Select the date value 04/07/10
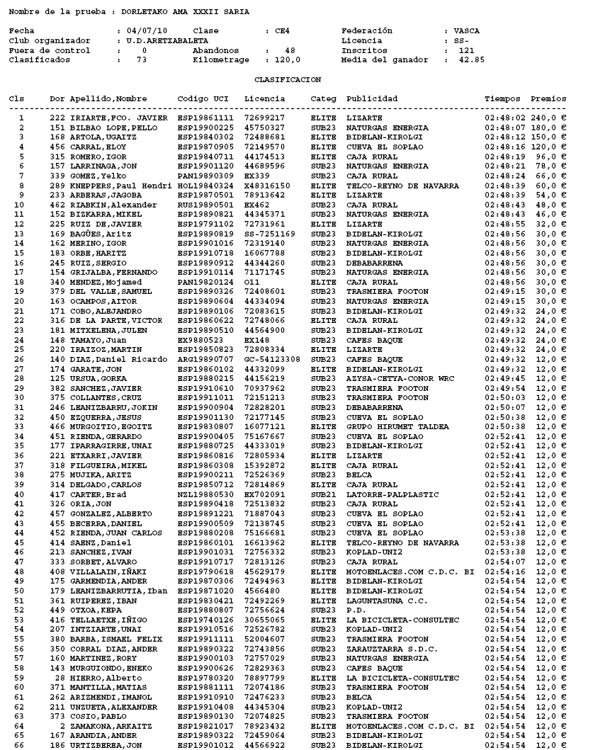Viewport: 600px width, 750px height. coord(142,31)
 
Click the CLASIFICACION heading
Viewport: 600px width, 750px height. coord(288,80)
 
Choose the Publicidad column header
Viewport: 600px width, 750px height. coord(372,98)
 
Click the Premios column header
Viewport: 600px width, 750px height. coord(548,98)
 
